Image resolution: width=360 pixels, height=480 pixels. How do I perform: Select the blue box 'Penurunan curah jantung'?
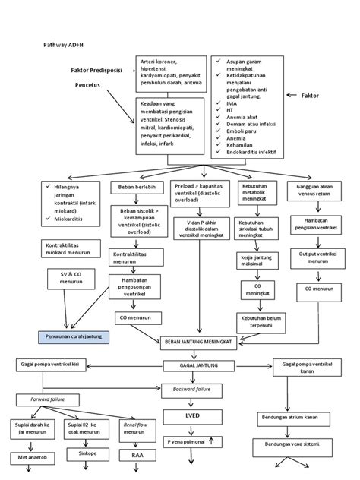[73, 336]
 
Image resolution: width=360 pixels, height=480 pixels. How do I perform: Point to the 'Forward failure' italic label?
[43, 399]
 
